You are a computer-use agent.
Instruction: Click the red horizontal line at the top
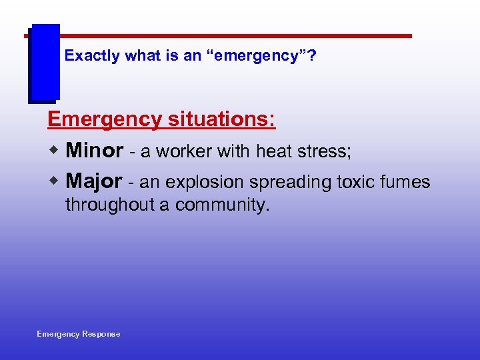pyautogui.click(x=233, y=35)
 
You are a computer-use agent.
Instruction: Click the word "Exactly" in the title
pyautogui.click(x=91, y=56)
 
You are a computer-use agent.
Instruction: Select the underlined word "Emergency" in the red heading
pyautogui.click(x=104, y=120)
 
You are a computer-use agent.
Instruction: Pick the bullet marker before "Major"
pyautogui.click(x=56, y=181)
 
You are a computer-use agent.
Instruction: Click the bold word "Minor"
pyautogui.click(x=95, y=151)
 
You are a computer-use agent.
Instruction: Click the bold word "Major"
pyautogui.click(x=94, y=181)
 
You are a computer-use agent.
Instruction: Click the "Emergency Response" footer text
pyautogui.click(x=79, y=334)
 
